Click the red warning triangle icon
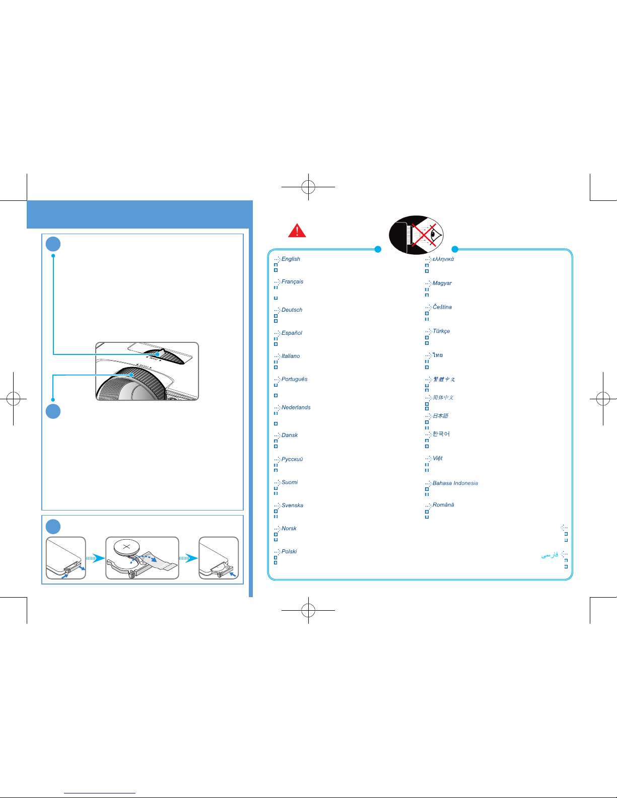tap(297, 231)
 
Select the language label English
tap(291, 259)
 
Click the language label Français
tap(292, 282)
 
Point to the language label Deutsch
tap(292, 310)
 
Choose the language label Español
tap(292, 333)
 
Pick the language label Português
tap(294, 380)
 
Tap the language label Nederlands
tap(296, 408)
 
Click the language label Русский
tap(292, 460)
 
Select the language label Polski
tap(289, 552)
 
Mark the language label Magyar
tap(442, 283)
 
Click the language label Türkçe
tap(441, 331)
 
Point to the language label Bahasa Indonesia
tap(455, 483)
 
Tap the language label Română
tap(443, 505)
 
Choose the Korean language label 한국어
tap(441, 434)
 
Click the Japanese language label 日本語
tap(440, 416)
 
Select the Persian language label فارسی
tap(550, 555)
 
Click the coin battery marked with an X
tap(127, 547)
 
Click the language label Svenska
tap(292, 505)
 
